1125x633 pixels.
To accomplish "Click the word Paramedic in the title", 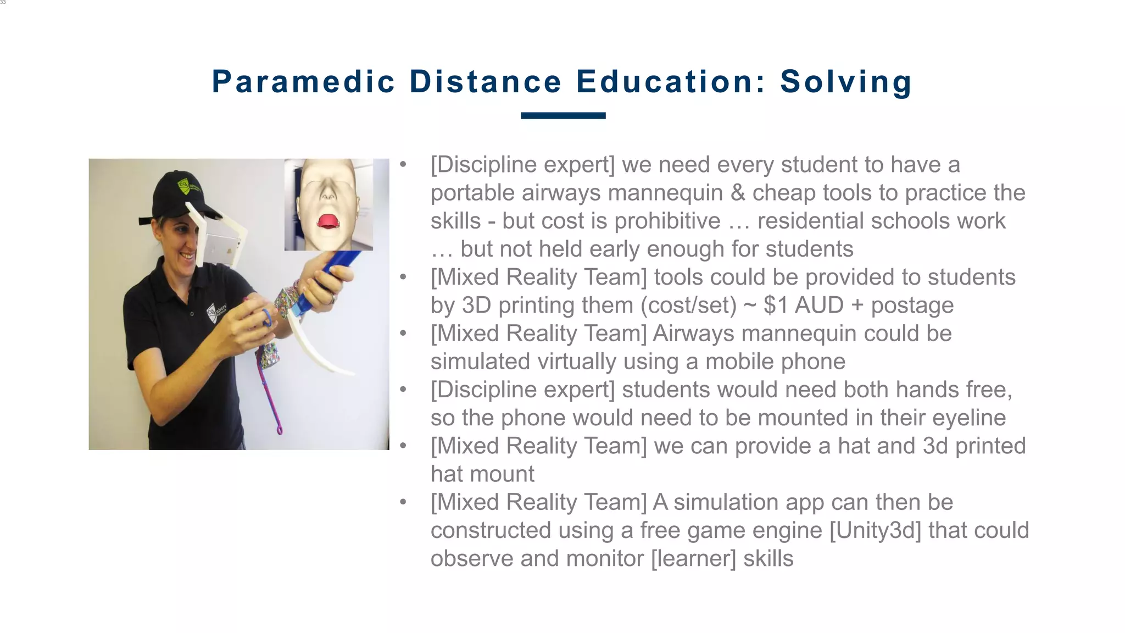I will pos(303,82).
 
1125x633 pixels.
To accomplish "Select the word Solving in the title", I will pos(846,82).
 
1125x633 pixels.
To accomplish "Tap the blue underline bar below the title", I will pos(563,115).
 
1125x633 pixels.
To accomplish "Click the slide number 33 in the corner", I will pos(3,3).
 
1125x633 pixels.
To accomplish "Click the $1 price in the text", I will pos(775,305).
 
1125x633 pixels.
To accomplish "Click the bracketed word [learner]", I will pos(693,558).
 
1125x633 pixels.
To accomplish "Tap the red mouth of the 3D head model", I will pos(328,221).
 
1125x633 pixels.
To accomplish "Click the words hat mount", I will pos(482,474).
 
